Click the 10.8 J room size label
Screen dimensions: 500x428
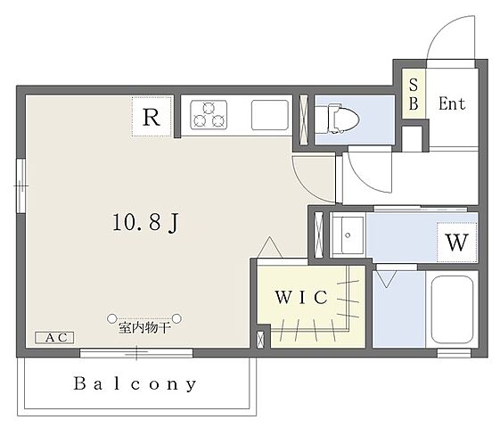click(145, 222)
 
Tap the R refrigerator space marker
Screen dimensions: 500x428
click(152, 117)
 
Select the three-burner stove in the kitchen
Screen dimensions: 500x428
click(209, 114)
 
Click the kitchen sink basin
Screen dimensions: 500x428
click(270, 115)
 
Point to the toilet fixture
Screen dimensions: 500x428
click(343, 119)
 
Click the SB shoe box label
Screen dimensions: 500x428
click(414, 95)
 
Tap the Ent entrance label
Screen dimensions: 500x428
click(452, 103)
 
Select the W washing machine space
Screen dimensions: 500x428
click(456, 242)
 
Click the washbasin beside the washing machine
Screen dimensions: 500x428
click(348, 235)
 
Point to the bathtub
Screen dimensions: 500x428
click(452, 309)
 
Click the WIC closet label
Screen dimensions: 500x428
click(301, 297)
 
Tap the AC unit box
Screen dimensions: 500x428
click(54, 337)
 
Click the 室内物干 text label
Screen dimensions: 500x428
click(144, 328)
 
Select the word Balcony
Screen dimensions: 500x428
click(135, 383)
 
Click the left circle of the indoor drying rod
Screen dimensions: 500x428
click(111, 318)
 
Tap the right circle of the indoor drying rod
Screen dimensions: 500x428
click(177, 318)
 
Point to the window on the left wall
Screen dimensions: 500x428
click(20, 186)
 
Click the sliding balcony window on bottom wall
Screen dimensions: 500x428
click(136, 353)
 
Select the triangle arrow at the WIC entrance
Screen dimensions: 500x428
click(270, 246)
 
